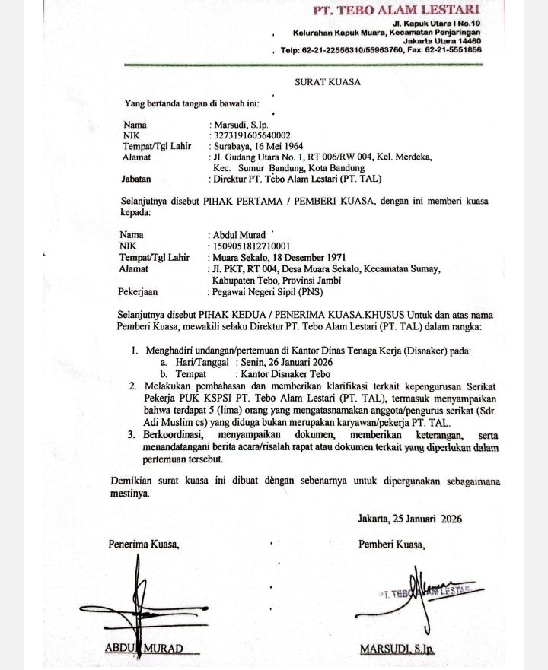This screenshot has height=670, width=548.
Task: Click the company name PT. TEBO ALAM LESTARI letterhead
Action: [x=397, y=10]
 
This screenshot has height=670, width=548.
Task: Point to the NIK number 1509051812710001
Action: [x=250, y=246]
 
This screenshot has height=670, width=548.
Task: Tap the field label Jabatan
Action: [x=136, y=179]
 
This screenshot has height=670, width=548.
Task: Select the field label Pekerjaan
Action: [x=139, y=291]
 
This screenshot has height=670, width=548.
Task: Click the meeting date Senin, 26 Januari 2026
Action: [x=279, y=362]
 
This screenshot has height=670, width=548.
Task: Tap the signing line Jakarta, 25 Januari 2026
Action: [x=409, y=519]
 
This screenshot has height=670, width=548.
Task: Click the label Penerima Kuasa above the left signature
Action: [x=143, y=544]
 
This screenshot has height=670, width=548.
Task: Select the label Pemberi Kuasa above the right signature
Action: [x=391, y=544]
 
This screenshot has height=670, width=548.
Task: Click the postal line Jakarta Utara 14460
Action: [x=441, y=41]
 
